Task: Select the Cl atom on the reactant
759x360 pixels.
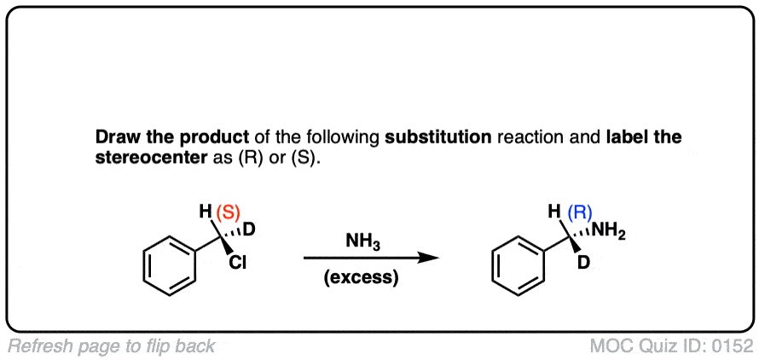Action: (x=238, y=264)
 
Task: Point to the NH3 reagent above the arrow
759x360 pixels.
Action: (x=363, y=242)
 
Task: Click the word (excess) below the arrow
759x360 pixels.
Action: (x=362, y=279)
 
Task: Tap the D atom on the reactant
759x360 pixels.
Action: (x=250, y=229)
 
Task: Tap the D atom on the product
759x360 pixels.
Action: (x=583, y=264)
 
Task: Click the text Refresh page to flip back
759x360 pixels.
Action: (x=112, y=346)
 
